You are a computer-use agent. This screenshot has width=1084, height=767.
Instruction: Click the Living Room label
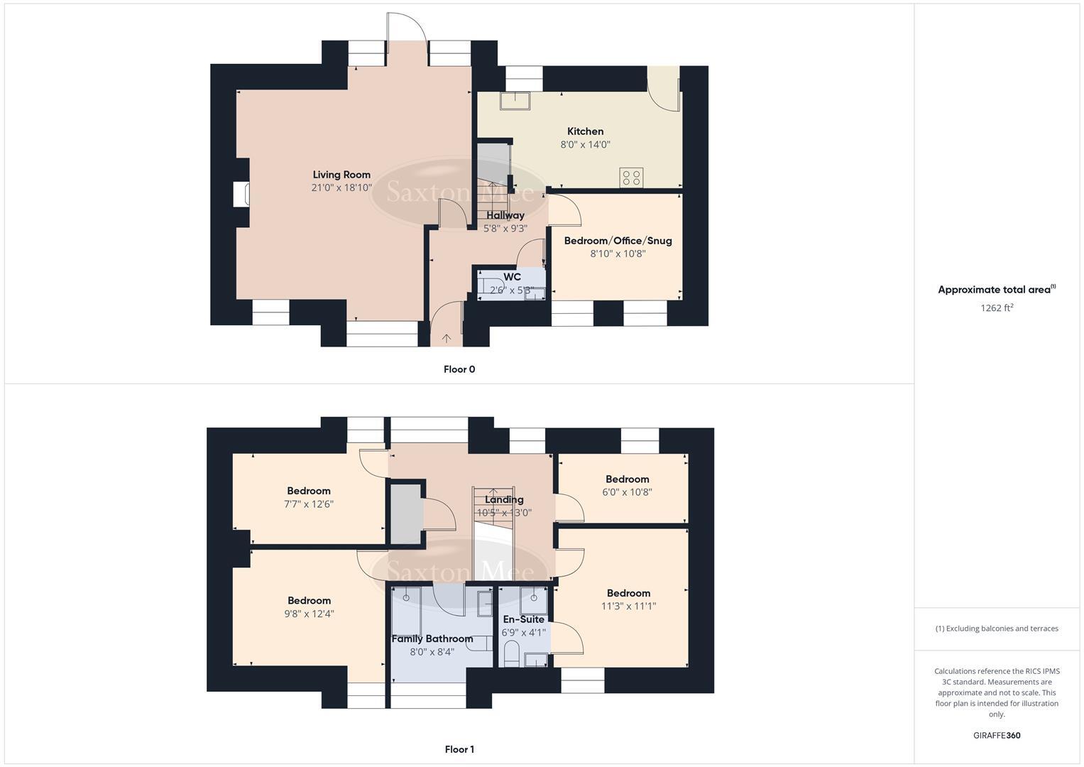click(341, 175)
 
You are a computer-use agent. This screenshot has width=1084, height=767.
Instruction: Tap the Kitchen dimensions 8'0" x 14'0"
click(585, 145)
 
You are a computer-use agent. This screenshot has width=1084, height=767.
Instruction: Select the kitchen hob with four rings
click(631, 177)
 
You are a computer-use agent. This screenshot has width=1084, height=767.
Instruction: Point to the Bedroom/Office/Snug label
click(618, 241)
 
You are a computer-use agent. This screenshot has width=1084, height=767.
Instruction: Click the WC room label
click(512, 277)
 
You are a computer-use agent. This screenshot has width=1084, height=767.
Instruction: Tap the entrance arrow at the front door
click(447, 338)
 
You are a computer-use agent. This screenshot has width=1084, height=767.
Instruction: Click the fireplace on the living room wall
click(241, 194)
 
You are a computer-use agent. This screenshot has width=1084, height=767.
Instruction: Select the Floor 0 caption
click(459, 369)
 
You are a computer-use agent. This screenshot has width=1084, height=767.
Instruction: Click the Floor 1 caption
click(459, 749)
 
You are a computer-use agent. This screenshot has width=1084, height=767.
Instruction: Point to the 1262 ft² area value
click(997, 308)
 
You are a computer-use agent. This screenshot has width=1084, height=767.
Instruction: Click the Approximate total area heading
click(997, 290)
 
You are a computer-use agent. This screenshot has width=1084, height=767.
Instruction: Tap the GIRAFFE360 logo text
click(997, 736)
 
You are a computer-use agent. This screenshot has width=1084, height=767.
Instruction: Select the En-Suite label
click(523, 619)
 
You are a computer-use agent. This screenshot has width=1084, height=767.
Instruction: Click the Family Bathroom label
click(432, 639)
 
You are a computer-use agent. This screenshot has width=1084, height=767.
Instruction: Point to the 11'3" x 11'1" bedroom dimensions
click(628, 606)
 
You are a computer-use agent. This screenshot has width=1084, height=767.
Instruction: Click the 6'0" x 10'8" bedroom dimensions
click(628, 492)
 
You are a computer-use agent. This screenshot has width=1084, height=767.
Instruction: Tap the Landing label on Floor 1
click(504, 500)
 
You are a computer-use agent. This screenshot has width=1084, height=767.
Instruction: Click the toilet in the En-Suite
click(511, 653)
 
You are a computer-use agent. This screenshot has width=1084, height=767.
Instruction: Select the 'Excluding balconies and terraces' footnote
click(997, 629)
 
